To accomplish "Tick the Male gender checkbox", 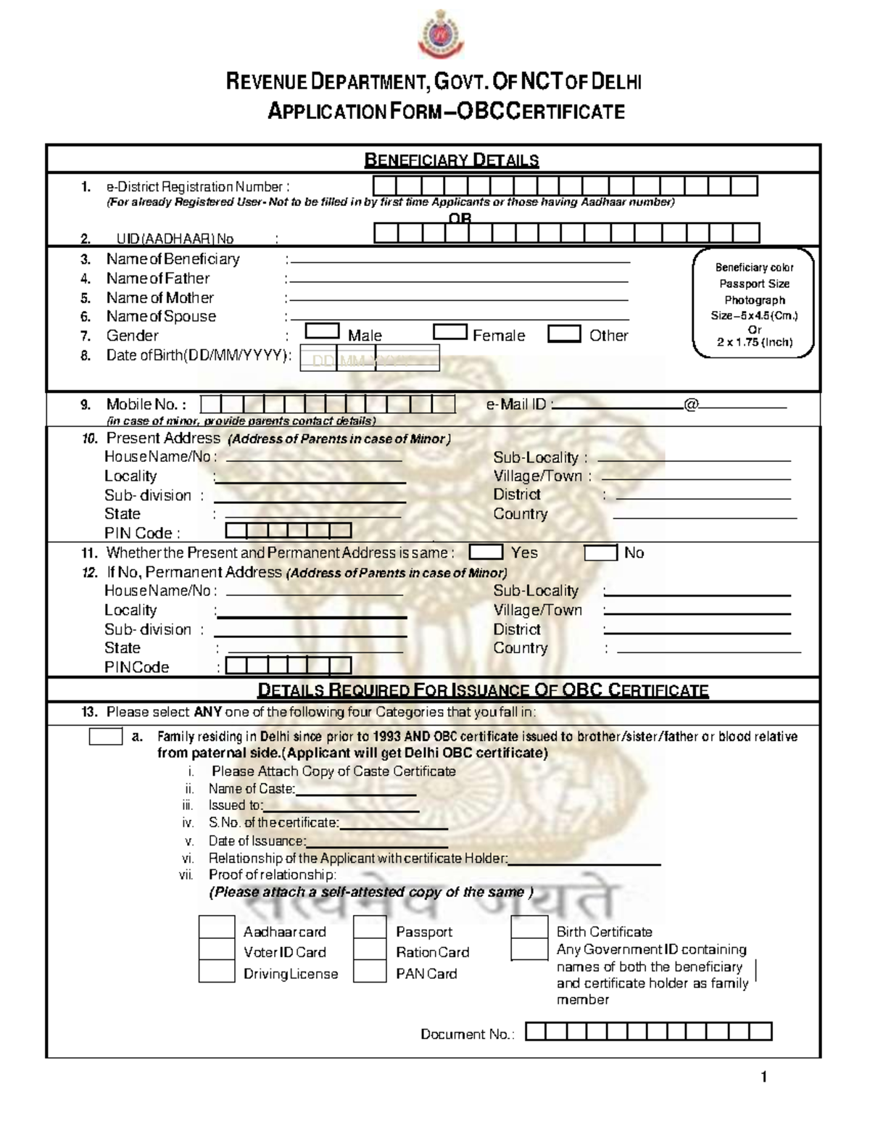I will (x=322, y=331).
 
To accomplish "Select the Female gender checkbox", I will (x=449, y=332).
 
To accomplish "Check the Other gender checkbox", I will (x=564, y=334).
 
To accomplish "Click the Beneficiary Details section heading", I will (x=451, y=160).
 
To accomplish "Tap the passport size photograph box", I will (x=753, y=304).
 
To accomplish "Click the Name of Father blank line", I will (x=458, y=281).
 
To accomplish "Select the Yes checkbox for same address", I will (x=486, y=552).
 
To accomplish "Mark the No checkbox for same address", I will (x=600, y=553).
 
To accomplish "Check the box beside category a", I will (x=105, y=737).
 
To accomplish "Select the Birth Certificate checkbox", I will (x=529, y=928).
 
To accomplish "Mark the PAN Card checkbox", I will (x=370, y=972).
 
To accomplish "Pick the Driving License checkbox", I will (x=217, y=972).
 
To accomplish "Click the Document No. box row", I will (x=648, y=1032).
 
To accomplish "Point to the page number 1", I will (x=763, y=1077).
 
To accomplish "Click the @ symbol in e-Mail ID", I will (x=690, y=405).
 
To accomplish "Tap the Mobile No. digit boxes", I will (x=328, y=405).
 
